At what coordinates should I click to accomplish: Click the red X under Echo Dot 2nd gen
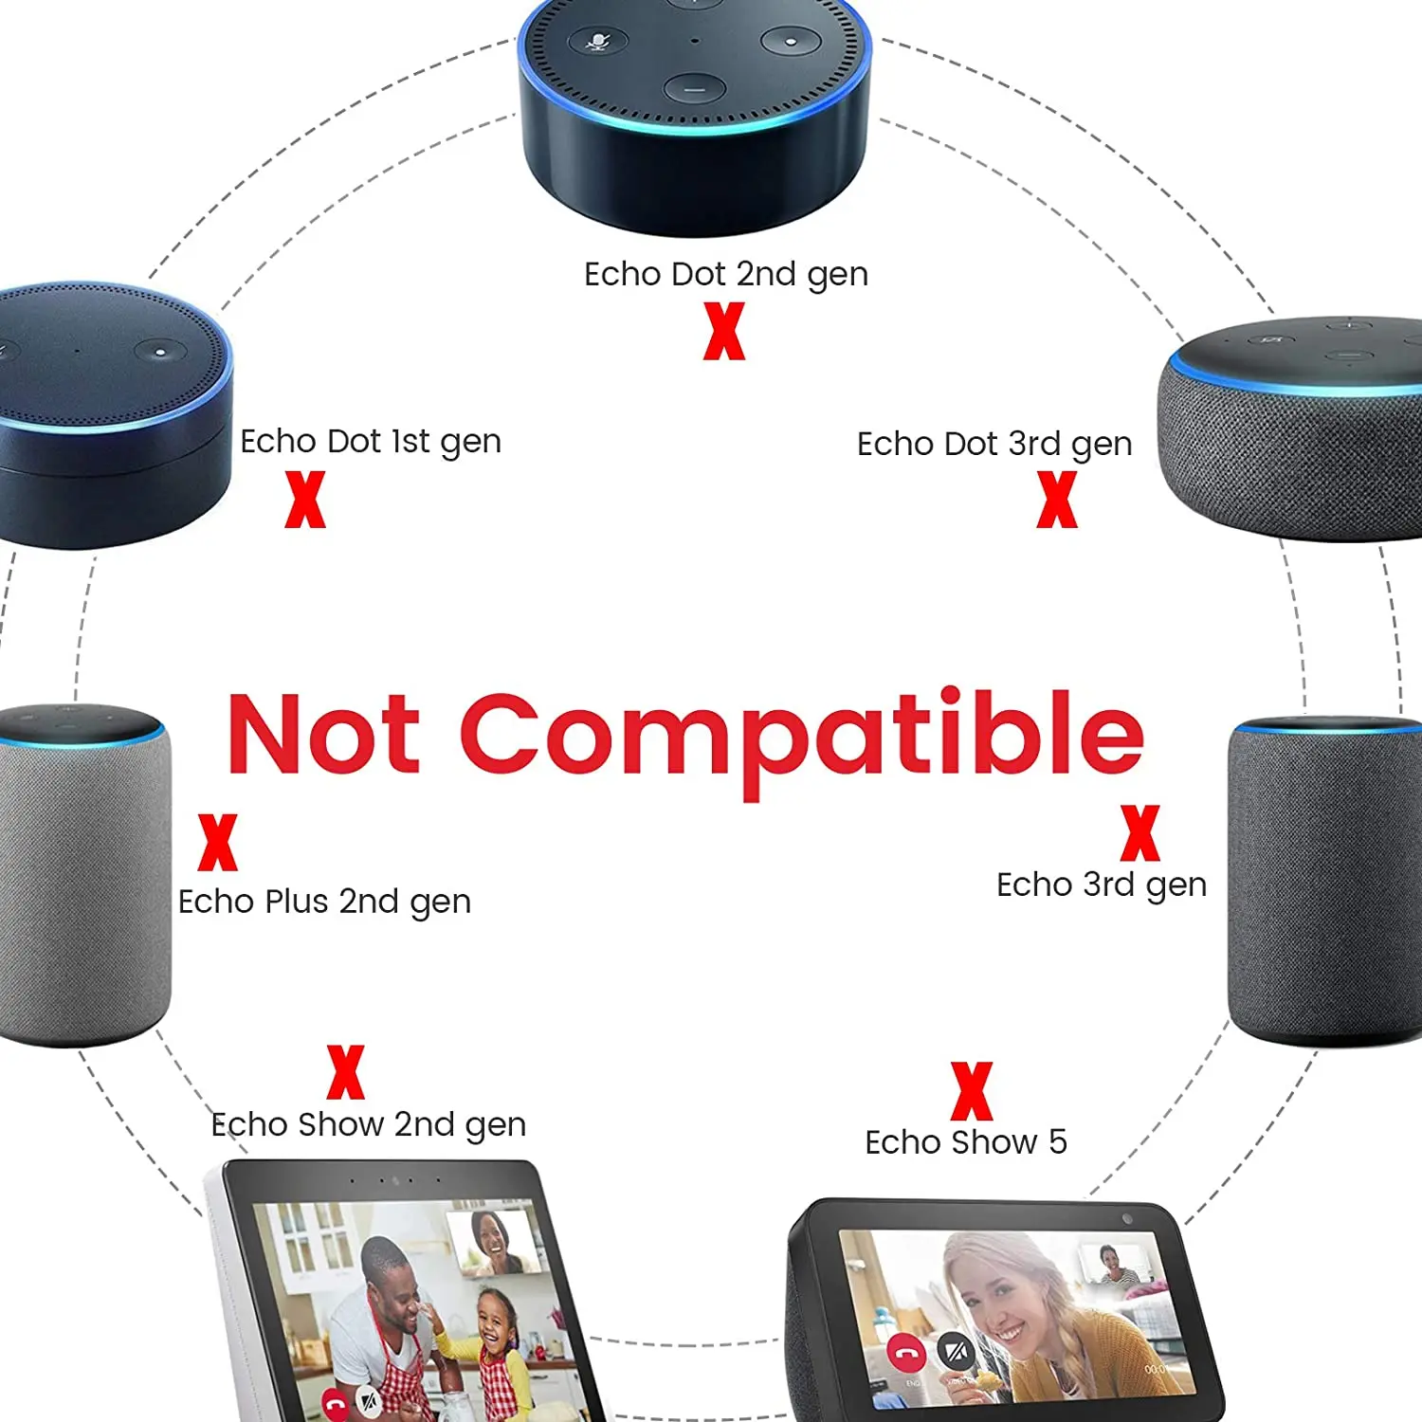pos(724,331)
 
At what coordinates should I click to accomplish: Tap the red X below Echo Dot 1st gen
pos(305,500)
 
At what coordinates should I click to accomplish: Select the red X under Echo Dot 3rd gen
pos(1057,500)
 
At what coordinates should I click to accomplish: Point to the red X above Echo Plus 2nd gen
pos(217,842)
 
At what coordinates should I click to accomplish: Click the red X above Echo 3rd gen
pos(1139,832)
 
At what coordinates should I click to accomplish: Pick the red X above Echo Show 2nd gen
pos(345,1072)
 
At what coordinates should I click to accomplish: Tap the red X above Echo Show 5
pos(972,1091)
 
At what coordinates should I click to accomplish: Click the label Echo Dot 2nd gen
pos(725,274)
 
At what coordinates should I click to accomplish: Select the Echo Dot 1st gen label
pos(370,442)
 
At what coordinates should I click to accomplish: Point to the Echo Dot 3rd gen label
pos(994,444)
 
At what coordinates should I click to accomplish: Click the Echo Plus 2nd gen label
pos(324,902)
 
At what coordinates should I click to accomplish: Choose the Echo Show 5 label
pos(965,1142)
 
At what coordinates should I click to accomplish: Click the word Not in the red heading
pos(323,735)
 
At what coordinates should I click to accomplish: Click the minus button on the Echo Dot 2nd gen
pos(695,89)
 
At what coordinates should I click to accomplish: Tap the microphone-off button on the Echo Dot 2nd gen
pos(597,42)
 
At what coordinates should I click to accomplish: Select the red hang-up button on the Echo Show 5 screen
pos(906,1352)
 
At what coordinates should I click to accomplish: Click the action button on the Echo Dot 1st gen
pos(160,352)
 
